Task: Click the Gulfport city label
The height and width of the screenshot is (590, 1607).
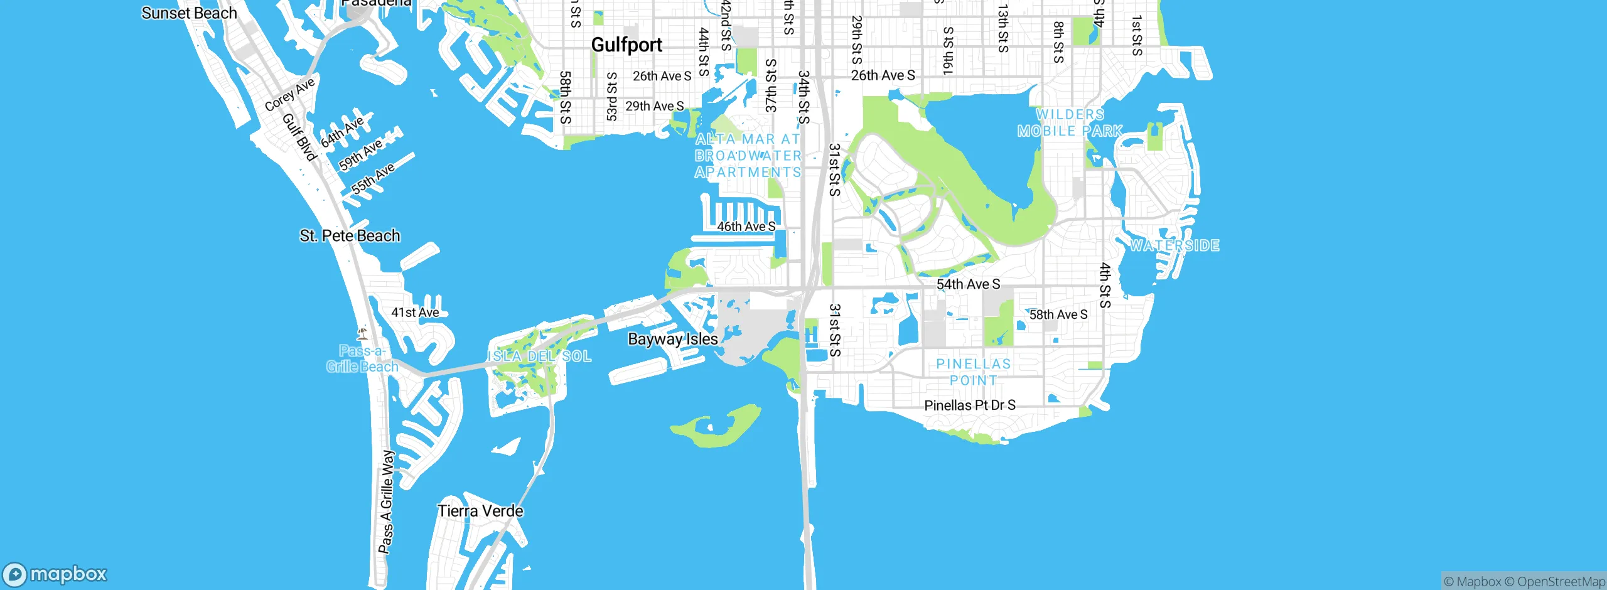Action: coord(626,45)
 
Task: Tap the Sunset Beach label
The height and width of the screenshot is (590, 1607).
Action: coord(189,13)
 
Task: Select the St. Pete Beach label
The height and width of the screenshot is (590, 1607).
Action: coord(350,235)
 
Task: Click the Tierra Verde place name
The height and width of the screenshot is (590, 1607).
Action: coord(480,511)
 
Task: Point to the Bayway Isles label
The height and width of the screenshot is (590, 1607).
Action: coord(673,339)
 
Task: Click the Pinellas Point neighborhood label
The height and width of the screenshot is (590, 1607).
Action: coord(973,372)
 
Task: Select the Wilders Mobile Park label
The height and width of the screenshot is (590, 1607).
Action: coord(1070,123)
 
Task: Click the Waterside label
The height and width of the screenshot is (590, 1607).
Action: coord(1174,245)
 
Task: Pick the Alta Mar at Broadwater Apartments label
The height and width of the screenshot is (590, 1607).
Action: coord(748,156)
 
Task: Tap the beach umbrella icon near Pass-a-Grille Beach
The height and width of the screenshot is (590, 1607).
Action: coord(362,333)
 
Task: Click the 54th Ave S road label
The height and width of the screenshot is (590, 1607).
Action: coord(968,284)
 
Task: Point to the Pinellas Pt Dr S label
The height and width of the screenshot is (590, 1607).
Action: coord(969,405)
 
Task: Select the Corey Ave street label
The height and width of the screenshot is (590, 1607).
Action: coord(289,95)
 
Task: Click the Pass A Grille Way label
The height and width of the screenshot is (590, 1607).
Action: coord(387,501)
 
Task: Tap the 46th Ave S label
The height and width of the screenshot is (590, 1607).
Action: coord(746,227)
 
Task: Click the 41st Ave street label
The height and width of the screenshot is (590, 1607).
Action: coord(415,313)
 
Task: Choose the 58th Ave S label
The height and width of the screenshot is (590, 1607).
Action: coord(1058,314)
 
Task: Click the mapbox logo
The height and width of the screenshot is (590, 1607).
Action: coord(55,574)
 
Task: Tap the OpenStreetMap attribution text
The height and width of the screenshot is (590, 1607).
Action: coord(1561,582)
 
